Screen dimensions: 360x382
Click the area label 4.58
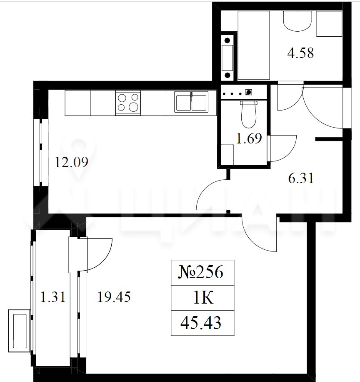[x=300, y=53]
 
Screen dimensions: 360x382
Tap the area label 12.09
[x=72, y=162]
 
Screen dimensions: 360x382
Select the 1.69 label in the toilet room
[x=249, y=138]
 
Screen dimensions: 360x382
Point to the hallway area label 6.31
[x=301, y=178]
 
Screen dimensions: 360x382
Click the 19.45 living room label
[x=114, y=297]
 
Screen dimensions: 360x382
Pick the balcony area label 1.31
[x=53, y=297]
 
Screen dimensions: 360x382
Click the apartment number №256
[x=201, y=272]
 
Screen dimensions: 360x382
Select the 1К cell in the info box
[x=203, y=297]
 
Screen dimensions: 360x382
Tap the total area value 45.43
[x=201, y=322]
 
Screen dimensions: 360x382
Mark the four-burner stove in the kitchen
[x=128, y=103]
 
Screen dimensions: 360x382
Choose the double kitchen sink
[x=191, y=102]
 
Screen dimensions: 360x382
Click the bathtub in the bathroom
[x=254, y=45]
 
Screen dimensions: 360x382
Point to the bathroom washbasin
[x=297, y=21]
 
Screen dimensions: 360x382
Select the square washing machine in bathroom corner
[x=329, y=24]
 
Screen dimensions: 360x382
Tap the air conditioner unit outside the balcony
[x=20, y=331]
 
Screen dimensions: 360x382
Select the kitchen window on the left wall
[x=41, y=153]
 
